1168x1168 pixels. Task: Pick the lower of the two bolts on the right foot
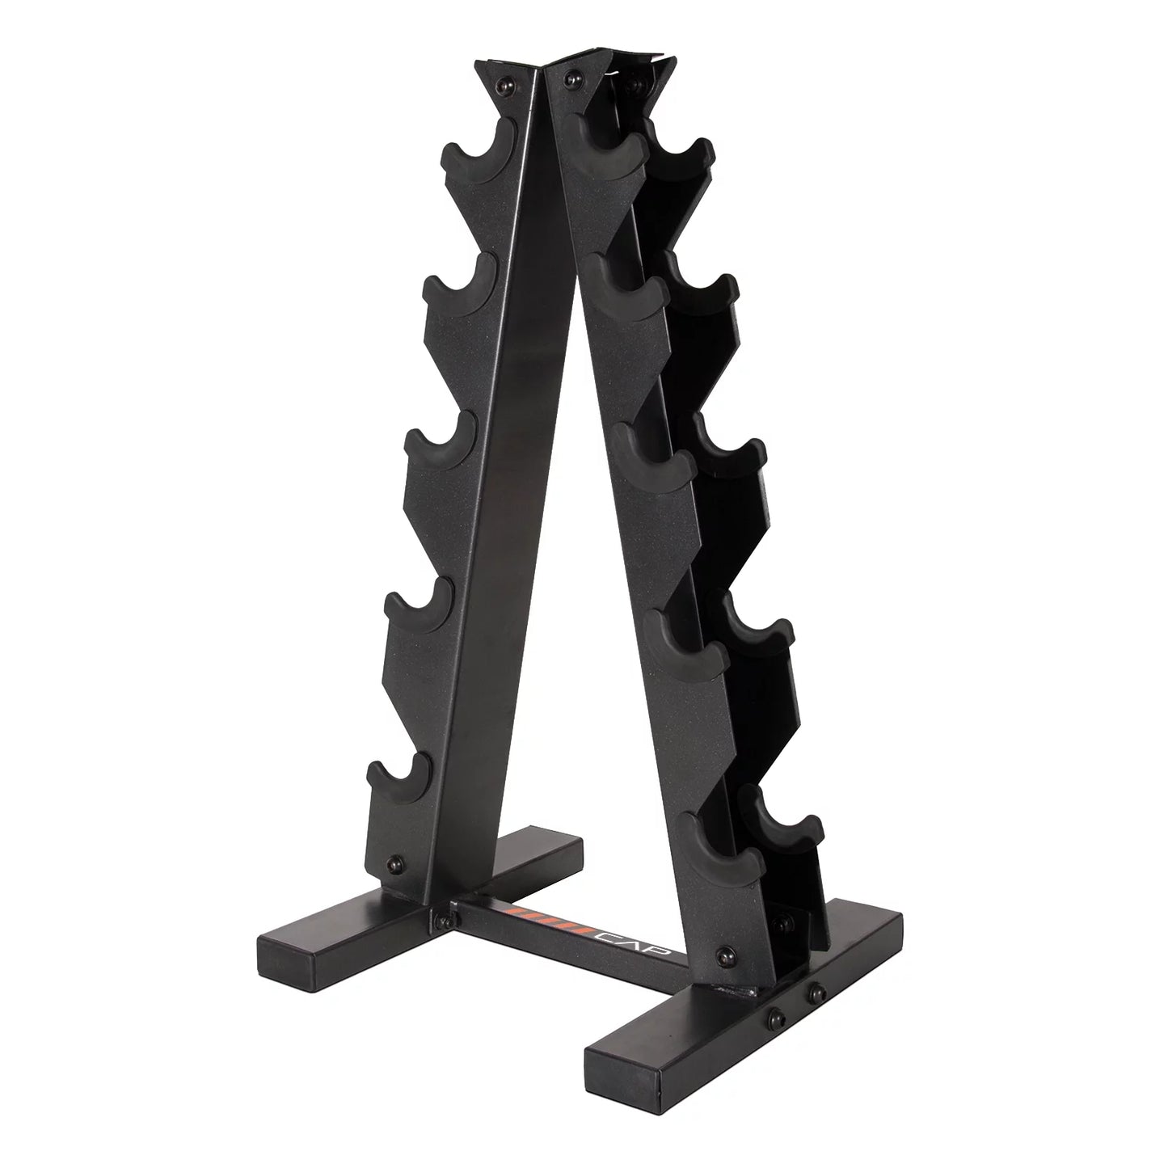(778, 1014)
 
